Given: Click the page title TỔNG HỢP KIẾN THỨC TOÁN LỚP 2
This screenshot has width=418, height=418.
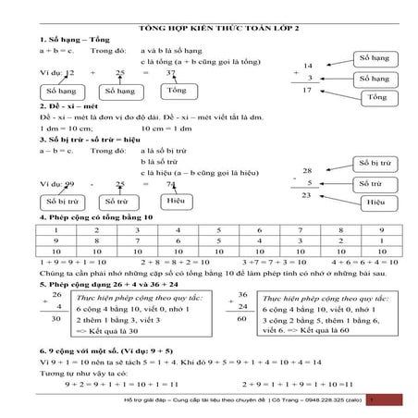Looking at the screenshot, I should [207, 29].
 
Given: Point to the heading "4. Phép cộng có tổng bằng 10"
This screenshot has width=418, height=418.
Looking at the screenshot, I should [92, 217].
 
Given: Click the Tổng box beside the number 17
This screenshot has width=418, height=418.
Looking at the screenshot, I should [375, 97].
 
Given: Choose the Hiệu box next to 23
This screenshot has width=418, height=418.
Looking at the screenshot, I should [375, 201].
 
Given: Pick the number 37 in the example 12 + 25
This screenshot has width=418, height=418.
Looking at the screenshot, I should [169, 71].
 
